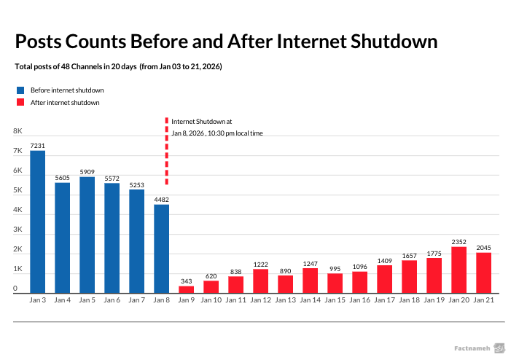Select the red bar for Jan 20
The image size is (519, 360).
[x=459, y=270]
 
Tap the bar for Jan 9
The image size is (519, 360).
[x=187, y=289]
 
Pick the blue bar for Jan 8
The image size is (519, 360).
[x=161, y=249]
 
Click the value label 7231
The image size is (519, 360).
[x=38, y=146]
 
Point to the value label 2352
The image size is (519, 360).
[x=459, y=242]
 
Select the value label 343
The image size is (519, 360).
[x=187, y=281]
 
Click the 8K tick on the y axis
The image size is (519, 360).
[x=17, y=131]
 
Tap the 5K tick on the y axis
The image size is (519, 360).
[x=17, y=190]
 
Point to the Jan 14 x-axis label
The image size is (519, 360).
[x=311, y=300]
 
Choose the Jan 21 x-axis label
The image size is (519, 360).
[x=484, y=300]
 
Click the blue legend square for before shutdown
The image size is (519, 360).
[x=20, y=90]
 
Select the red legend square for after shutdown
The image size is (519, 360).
[x=20, y=103]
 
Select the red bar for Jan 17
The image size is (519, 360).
[x=385, y=279]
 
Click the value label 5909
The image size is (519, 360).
[x=87, y=172]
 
